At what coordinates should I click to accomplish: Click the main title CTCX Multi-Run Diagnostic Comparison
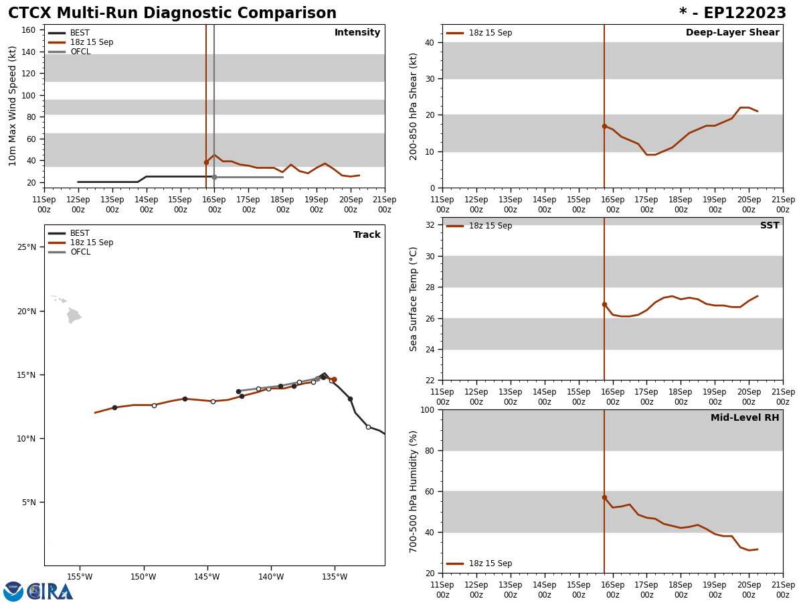point(172,13)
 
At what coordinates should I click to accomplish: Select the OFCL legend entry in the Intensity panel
point(80,52)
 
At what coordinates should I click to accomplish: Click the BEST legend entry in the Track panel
point(80,233)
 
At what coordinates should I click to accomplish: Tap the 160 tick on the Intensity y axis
point(29,30)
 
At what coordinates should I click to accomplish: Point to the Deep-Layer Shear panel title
point(732,33)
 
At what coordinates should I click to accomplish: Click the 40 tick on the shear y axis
point(429,42)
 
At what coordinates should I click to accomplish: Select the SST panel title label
point(769,226)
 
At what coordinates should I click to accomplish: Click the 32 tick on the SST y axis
point(429,225)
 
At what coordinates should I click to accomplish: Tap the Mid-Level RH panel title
point(744,418)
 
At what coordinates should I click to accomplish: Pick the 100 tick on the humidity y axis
point(426,409)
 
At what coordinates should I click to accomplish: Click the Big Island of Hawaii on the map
point(73,315)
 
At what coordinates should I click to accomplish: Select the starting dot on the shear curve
point(604,126)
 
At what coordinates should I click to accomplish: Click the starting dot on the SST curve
point(604,304)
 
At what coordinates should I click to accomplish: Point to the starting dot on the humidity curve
point(604,497)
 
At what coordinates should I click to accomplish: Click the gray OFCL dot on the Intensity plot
point(214,177)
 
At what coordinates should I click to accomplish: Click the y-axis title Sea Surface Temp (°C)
point(414,299)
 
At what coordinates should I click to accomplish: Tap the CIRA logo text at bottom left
point(50,592)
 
